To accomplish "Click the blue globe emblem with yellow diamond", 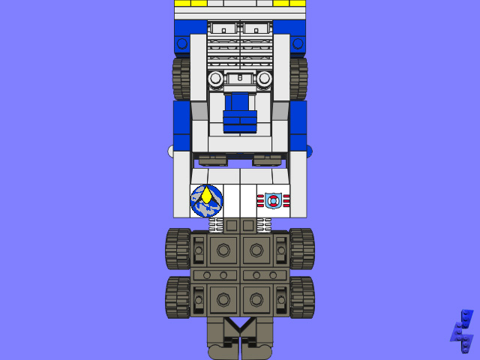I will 206,200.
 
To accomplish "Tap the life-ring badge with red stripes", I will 273,201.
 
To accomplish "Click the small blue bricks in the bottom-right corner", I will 462,331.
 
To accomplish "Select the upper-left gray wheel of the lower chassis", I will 178,248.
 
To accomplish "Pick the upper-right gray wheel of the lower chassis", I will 301,248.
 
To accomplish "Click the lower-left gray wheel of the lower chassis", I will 178,297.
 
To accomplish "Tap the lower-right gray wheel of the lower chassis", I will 301,297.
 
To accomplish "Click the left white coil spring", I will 216,224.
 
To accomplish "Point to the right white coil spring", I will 263,224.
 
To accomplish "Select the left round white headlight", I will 216,79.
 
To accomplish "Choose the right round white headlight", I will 263,79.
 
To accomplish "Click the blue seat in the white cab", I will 240,112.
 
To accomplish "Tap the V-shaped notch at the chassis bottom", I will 240,326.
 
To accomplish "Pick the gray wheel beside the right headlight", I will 298,79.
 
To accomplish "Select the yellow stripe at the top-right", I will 289,3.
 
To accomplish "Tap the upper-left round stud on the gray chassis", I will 223,250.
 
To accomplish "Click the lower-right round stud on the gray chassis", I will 256,299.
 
